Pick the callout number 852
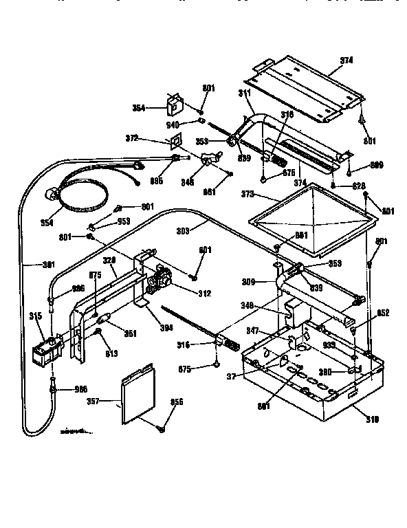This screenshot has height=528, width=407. tap(384, 313)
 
